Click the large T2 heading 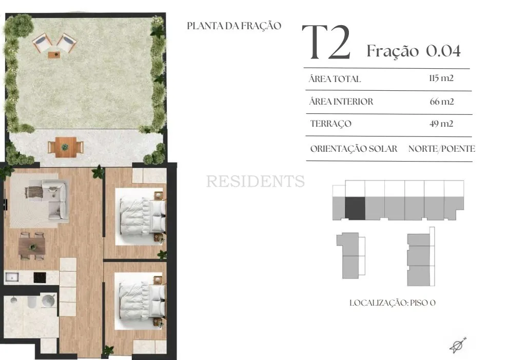[x=326, y=42]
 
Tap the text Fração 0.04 [x=414, y=51]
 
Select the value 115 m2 [x=441, y=78]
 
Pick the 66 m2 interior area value [x=441, y=102]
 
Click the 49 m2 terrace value [x=441, y=124]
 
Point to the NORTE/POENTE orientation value [x=441, y=149]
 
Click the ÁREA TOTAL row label [x=335, y=79]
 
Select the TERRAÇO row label [x=331, y=124]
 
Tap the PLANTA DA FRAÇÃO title [x=234, y=26]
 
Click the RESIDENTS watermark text [x=256, y=181]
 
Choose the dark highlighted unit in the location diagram [x=355, y=208]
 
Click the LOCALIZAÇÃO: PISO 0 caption [x=393, y=303]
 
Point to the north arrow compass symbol [x=458, y=345]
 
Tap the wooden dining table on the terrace [x=66, y=147]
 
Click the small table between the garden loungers [x=54, y=55]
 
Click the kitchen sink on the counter [x=12, y=277]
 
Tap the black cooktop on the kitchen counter [x=40, y=277]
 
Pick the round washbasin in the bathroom [x=49, y=301]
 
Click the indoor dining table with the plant [x=32, y=246]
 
